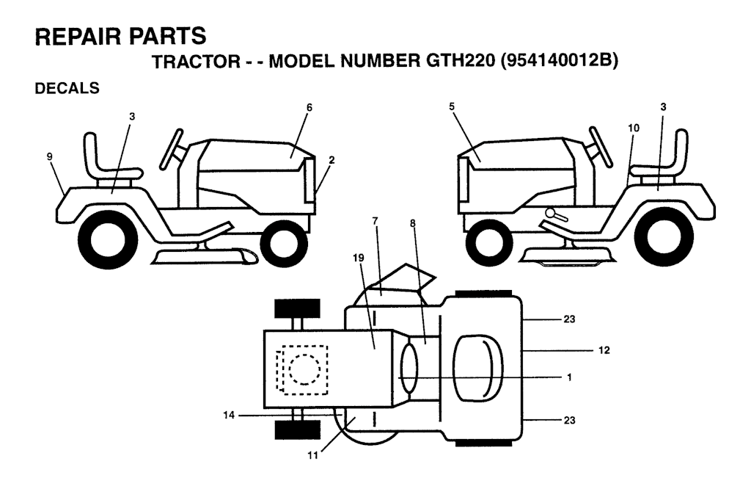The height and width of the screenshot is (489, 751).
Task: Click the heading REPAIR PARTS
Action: pos(120,36)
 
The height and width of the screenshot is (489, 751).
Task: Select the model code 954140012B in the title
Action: pos(558,61)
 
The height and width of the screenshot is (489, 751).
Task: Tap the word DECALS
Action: pos(67,88)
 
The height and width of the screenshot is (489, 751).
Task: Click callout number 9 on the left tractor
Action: pos(50,156)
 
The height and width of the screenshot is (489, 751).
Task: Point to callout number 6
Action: pos(309,107)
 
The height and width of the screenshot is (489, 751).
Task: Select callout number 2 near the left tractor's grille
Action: pos(331,160)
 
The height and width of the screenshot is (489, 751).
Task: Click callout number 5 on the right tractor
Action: pos(452,107)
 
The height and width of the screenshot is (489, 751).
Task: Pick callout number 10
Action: pos(634,128)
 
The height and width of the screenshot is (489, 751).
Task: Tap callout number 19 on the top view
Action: pos(358,258)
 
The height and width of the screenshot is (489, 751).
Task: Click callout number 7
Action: pos(375,220)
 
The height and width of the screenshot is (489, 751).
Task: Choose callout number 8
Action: pos(413,223)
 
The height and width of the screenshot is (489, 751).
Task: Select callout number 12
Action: pos(604,350)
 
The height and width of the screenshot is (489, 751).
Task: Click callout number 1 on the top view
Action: pos(569,377)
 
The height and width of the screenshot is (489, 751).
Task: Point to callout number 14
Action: pos(229,415)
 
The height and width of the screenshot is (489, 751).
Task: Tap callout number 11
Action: pos(312,455)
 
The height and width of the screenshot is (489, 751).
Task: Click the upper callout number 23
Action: pos(569,319)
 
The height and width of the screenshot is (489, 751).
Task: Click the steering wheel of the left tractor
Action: pos(172,148)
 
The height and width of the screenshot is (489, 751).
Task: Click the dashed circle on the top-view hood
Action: pos(303,369)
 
